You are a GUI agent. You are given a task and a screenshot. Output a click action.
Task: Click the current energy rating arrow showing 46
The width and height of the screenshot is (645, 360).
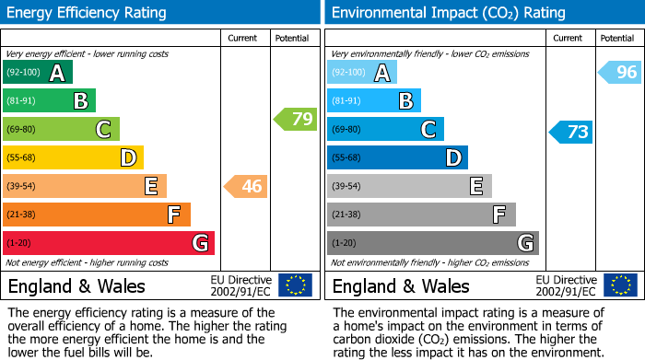point(247,187)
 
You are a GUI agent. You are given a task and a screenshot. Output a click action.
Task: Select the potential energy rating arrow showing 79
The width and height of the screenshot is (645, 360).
point(296,119)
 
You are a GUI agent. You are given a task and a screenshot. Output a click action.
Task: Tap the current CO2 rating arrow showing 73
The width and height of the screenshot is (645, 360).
point(571,132)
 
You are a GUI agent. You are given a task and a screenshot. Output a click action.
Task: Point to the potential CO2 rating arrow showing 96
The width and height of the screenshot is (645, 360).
point(620,73)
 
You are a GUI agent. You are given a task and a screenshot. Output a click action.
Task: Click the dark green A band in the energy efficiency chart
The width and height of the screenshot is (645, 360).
point(37,73)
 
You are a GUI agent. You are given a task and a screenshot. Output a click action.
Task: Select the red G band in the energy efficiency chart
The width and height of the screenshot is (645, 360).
point(109,243)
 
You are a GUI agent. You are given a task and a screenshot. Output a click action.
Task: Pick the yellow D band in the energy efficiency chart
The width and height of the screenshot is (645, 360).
point(73,158)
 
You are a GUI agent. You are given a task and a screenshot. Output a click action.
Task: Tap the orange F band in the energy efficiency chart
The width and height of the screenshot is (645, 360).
point(97,215)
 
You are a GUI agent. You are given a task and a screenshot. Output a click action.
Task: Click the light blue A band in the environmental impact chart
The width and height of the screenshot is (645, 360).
point(362,73)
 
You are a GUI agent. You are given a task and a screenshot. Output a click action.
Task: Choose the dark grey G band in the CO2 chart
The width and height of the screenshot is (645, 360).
point(432,243)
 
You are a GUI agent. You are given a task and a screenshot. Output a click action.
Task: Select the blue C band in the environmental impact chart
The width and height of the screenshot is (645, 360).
point(385,130)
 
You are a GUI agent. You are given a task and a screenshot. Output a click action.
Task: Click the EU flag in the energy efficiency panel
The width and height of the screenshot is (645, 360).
point(295,285)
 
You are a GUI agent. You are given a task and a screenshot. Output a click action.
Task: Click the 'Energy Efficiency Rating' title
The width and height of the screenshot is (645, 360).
point(88,13)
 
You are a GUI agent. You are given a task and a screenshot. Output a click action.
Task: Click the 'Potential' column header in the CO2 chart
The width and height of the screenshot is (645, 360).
point(616,39)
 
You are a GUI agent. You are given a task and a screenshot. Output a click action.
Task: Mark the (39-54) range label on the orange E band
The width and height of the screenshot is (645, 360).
point(23,187)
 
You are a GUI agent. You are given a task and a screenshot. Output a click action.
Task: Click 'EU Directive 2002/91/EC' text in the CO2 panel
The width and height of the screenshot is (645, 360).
point(566,285)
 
